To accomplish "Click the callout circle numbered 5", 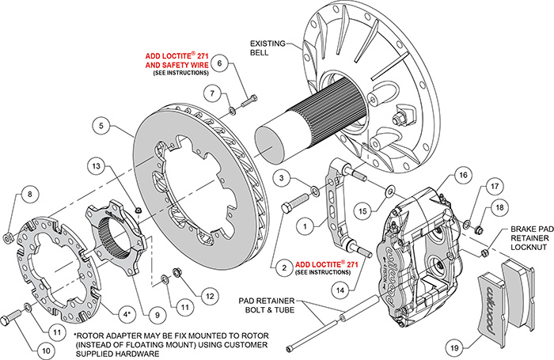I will click(101, 124).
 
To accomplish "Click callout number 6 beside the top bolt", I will click(221, 63).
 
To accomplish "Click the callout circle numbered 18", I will click(498, 207).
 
